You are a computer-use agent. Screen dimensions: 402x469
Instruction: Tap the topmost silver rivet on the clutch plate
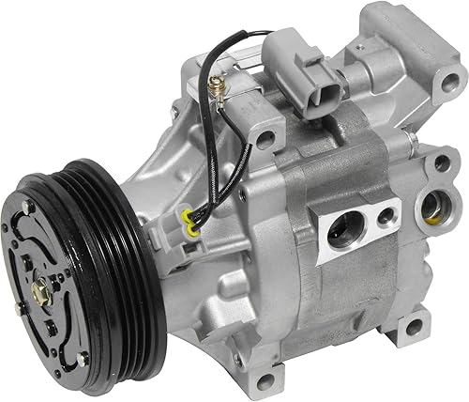click(30, 203)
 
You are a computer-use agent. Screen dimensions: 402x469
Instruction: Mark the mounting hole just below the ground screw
click(266, 140)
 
